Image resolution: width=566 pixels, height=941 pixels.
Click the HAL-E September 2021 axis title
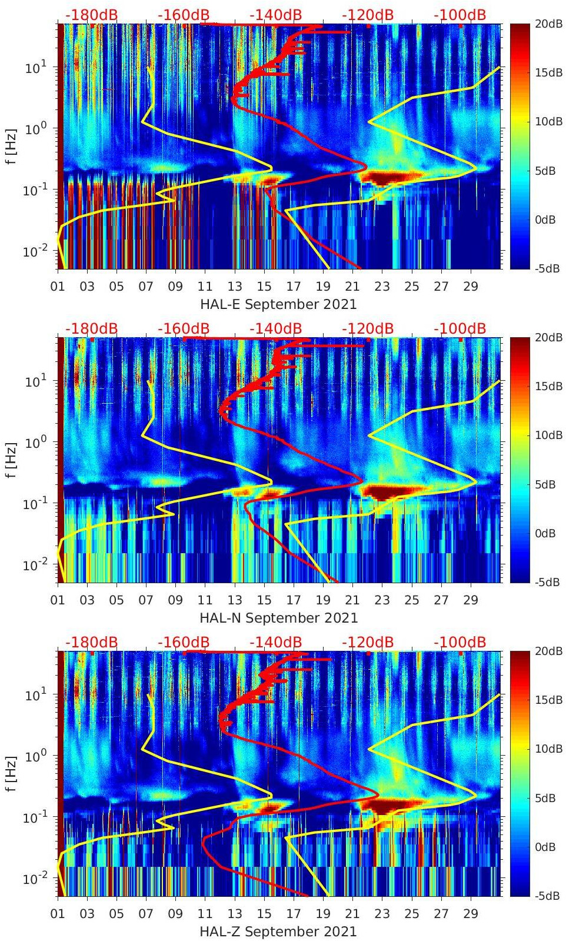[x=278, y=304]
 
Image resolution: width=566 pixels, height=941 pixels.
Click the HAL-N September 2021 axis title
[x=278, y=618]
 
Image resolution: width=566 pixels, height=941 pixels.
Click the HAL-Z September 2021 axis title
[x=278, y=932]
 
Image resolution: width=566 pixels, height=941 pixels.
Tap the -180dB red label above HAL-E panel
[x=91, y=15]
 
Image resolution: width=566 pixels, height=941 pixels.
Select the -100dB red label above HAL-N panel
[x=460, y=328]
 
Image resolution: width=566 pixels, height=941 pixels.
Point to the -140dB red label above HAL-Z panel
[x=275, y=642]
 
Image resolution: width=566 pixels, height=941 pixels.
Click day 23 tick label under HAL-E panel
[x=382, y=287]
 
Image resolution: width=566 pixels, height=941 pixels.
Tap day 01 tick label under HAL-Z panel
[x=58, y=914]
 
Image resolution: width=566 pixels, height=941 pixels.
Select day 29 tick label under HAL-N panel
[x=471, y=600]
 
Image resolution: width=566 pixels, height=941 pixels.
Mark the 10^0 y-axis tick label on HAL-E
[x=36, y=128]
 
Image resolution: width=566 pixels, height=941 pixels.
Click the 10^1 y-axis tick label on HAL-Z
[x=36, y=694]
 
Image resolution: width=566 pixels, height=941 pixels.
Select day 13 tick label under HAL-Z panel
[x=235, y=914]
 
